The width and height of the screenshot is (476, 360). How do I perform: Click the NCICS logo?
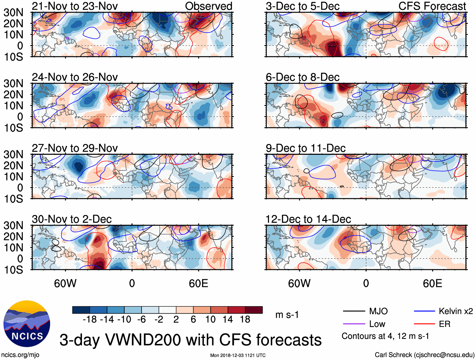click(27, 324)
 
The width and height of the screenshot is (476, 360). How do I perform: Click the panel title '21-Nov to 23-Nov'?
click(75, 6)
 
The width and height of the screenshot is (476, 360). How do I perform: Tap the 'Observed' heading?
click(208, 6)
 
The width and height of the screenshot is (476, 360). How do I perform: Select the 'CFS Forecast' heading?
click(432, 6)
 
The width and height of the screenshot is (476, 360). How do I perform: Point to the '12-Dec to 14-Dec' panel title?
click(308, 219)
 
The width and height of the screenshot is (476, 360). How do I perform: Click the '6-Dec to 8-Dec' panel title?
click(302, 77)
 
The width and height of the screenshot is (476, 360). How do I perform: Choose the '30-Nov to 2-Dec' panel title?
click(72, 219)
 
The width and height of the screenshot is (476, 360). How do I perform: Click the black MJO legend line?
click(354, 311)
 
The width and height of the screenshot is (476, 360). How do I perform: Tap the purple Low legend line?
click(354, 324)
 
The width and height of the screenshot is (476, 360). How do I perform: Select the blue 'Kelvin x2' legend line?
click(424, 311)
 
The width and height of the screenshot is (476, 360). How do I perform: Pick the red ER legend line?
click(424, 324)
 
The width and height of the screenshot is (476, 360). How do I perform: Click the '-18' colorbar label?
click(90, 320)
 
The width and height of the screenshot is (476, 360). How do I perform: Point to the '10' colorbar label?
click(210, 320)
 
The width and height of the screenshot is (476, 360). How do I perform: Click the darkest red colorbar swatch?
click(254, 310)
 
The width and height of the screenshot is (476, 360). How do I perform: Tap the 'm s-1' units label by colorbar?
click(287, 315)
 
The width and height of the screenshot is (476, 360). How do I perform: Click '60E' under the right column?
click(432, 284)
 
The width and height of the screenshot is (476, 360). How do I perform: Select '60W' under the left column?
click(65, 284)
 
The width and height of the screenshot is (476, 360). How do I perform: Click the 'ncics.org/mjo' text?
click(20, 355)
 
